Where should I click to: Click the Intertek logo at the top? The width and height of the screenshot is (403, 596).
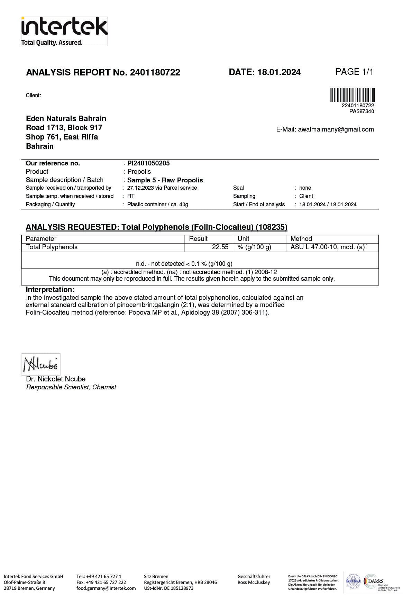click(x=64, y=31)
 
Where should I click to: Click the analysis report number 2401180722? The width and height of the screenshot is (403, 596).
click(x=155, y=72)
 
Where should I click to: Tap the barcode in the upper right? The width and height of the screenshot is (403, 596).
click(x=352, y=95)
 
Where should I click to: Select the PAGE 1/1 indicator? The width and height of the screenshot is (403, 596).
click(x=354, y=72)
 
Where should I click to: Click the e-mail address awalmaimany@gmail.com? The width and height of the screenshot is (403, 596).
click(x=336, y=129)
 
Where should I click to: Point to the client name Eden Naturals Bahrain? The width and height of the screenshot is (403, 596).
click(x=66, y=118)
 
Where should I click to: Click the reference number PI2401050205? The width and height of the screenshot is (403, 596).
click(x=148, y=163)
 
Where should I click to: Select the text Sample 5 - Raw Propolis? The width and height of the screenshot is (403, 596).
click(x=165, y=180)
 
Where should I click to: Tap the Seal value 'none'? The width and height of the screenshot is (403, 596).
click(x=305, y=188)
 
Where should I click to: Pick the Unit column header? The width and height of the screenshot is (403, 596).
click(x=243, y=239)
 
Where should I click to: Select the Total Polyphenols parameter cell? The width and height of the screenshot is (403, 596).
click(x=52, y=247)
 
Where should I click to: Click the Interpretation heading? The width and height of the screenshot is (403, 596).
click(x=50, y=290)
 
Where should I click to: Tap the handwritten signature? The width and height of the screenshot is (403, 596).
click(x=41, y=364)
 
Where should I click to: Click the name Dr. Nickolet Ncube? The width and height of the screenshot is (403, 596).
click(x=56, y=379)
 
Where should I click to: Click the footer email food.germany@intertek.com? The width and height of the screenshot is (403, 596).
click(x=106, y=588)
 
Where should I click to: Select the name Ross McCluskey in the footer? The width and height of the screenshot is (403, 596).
click(x=254, y=582)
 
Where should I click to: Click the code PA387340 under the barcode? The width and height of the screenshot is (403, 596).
click(x=361, y=111)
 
